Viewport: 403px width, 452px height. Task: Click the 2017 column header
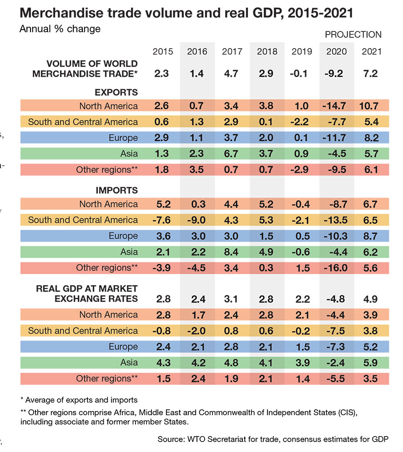[232, 51]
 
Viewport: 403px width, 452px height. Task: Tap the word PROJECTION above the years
[353, 35]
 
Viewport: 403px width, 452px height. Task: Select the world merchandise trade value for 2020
[337, 73]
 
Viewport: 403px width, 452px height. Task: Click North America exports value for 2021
[372, 106]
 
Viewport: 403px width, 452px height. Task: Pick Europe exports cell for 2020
[337, 138]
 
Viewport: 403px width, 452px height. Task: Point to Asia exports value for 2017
[232, 154]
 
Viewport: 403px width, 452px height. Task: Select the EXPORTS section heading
[116, 93]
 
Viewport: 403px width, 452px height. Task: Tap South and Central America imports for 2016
[197, 220]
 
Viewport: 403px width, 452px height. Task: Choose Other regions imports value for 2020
[337, 268]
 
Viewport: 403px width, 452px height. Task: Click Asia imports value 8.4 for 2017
[232, 252]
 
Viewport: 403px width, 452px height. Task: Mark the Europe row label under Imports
[123, 236]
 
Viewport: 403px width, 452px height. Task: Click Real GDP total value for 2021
[372, 299]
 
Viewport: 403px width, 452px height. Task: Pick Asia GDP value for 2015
[163, 362]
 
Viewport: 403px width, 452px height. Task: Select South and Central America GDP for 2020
[337, 331]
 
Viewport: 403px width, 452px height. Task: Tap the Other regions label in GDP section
[107, 378]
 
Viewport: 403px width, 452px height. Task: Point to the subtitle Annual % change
[60, 29]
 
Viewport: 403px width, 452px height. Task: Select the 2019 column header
[302, 51]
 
